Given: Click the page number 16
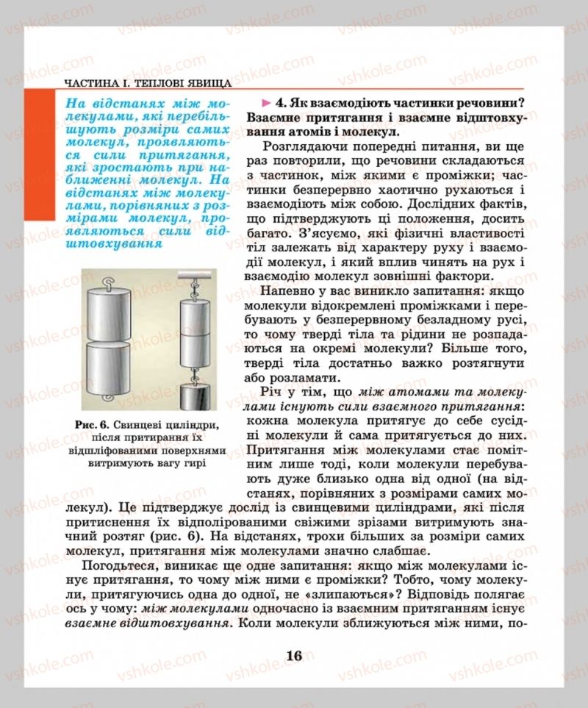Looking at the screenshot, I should coord(294,657).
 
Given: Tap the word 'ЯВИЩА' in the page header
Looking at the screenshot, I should coord(208,84).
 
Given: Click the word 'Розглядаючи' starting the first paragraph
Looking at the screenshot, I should coord(304,146).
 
